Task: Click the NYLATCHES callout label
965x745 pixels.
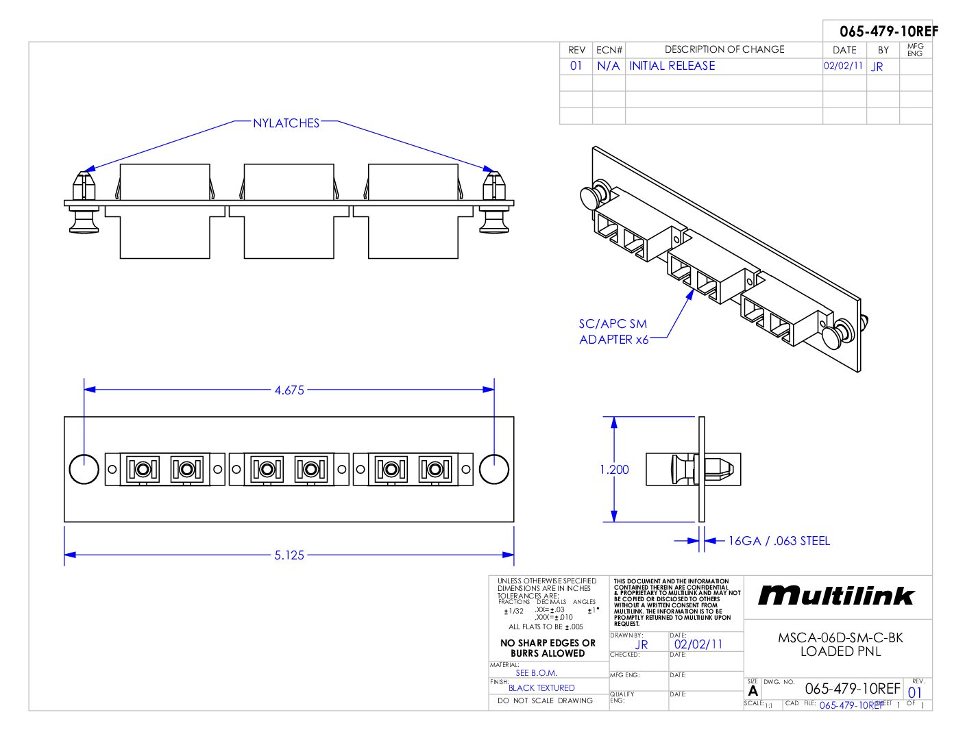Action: click(x=286, y=123)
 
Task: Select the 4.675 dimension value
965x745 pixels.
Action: click(x=289, y=390)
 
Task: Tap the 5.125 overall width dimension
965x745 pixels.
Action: click(x=289, y=555)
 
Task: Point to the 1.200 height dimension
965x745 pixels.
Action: click(x=614, y=470)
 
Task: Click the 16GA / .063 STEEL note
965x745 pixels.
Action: click(x=779, y=541)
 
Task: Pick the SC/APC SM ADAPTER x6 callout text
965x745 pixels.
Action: click(x=613, y=332)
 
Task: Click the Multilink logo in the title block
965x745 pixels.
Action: click(x=836, y=596)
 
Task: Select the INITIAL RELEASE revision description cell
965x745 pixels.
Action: click(x=672, y=66)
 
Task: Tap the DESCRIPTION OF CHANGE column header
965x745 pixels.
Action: click(x=724, y=49)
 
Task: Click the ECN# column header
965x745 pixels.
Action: click(x=609, y=50)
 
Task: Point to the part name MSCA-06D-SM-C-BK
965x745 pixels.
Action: click(x=840, y=637)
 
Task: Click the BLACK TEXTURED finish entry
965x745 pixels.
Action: click(x=541, y=688)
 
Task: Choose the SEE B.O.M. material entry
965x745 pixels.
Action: click(x=536, y=673)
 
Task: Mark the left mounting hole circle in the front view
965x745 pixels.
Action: click(x=84, y=469)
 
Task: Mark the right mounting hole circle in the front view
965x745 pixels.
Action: click(x=493, y=469)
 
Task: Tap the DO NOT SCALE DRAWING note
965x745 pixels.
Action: click(x=545, y=701)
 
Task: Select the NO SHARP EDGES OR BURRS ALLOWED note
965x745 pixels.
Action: click(x=548, y=648)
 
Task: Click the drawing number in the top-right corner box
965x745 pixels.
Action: click(x=888, y=31)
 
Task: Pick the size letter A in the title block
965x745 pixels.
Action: click(x=753, y=691)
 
